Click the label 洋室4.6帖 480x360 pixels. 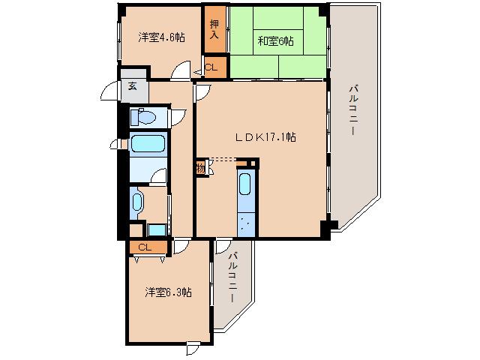tap(160, 37)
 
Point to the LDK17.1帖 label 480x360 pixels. tap(265, 137)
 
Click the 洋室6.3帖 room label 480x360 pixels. tap(167, 292)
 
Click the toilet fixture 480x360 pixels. tap(143, 117)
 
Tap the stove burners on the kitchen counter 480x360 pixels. tap(246, 222)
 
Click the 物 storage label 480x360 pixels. tap(200, 168)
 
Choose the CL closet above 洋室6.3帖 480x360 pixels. tap(144, 247)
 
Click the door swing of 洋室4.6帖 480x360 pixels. tap(179, 73)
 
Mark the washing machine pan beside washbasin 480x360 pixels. tap(157, 230)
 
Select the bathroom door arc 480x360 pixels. tap(158, 176)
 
